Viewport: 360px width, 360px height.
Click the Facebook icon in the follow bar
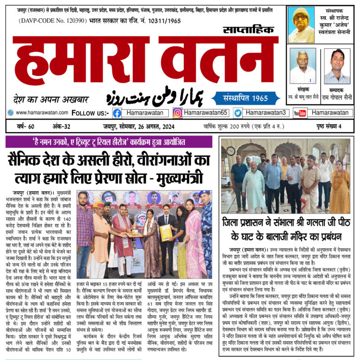(117, 113)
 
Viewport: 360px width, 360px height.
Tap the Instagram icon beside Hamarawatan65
(178, 113)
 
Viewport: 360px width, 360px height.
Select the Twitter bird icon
(238, 113)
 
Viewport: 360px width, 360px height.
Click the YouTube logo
(300, 113)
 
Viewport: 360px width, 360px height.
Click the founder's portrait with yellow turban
(301, 24)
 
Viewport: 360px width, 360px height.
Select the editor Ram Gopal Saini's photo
(337, 66)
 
